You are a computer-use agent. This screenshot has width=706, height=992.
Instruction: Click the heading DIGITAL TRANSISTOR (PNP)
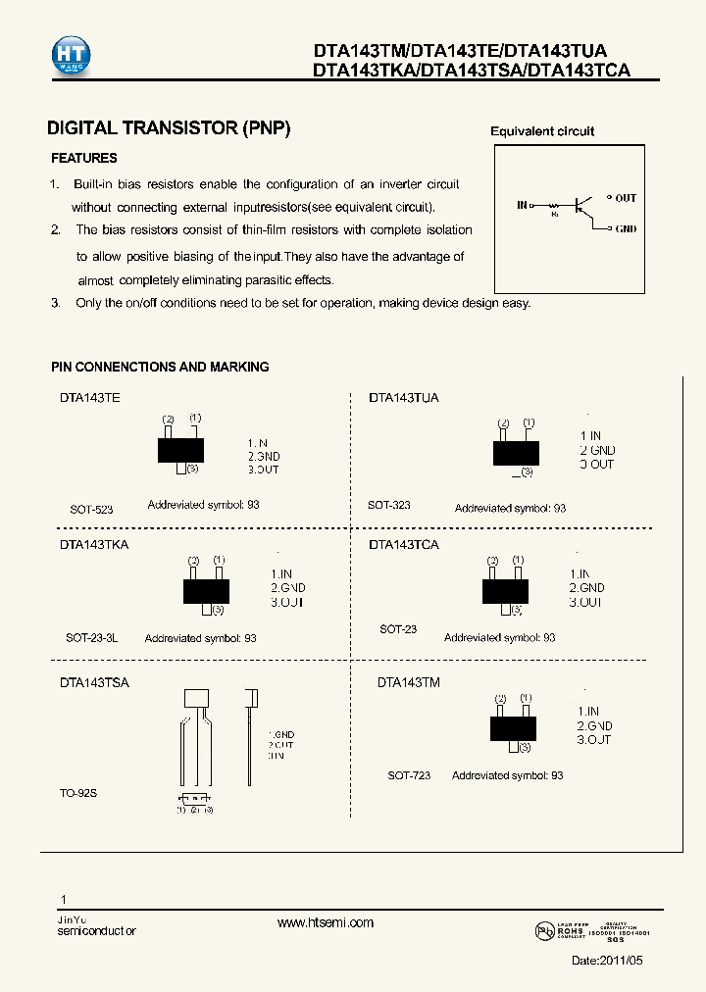point(169,128)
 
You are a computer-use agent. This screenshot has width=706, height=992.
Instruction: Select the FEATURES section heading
point(83,158)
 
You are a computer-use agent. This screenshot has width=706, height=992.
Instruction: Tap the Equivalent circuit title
point(541,131)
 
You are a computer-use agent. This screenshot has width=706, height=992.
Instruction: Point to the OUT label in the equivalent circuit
point(626,198)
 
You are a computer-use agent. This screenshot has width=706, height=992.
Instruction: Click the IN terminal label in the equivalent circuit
point(522,205)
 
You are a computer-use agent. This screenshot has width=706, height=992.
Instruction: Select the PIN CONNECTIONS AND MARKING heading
point(160,367)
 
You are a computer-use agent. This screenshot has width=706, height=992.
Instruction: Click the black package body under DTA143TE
point(181,450)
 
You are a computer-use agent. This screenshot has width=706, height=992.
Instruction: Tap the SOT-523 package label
point(91,510)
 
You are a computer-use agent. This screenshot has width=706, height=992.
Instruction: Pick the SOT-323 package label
point(389,505)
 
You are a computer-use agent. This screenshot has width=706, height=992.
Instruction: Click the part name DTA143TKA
point(94,544)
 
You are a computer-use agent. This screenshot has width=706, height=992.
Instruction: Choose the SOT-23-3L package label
point(92,637)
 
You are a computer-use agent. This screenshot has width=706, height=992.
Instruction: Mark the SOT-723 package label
point(409,775)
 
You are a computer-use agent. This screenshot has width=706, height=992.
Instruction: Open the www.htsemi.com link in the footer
point(326,923)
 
